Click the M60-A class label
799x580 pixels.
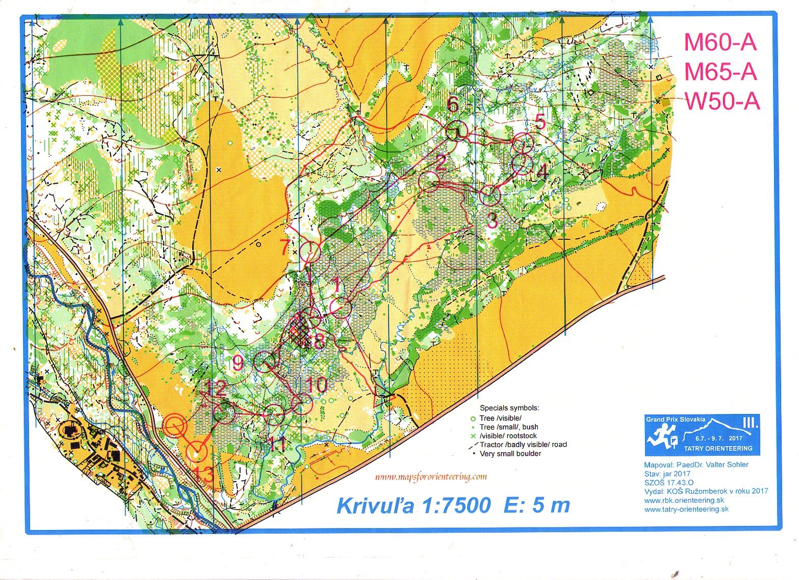pyautogui.click(x=720, y=42)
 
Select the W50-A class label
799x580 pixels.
pyautogui.click(x=722, y=101)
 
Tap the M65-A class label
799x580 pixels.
pyautogui.click(x=720, y=72)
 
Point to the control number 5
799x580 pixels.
pyautogui.click(x=539, y=122)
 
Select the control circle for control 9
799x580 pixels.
pyautogui.click(x=264, y=362)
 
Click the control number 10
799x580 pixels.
pyautogui.click(x=317, y=384)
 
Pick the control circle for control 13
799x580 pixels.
pyautogui.click(x=196, y=451)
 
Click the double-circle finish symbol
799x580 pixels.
pyautogui.click(x=174, y=426)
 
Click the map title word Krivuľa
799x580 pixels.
pyautogui.click(x=375, y=506)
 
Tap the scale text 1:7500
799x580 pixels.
pyautogui.click(x=457, y=506)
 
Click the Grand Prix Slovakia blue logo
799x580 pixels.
pyautogui.click(x=702, y=434)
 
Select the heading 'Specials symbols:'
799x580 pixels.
pyautogui.click(x=509, y=408)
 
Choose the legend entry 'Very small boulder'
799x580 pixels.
pyautogui.click(x=510, y=454)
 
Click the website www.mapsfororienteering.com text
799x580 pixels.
pyautogui.click(x=431, y=477)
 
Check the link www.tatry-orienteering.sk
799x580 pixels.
pyautogui.click(x=686, y=509)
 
